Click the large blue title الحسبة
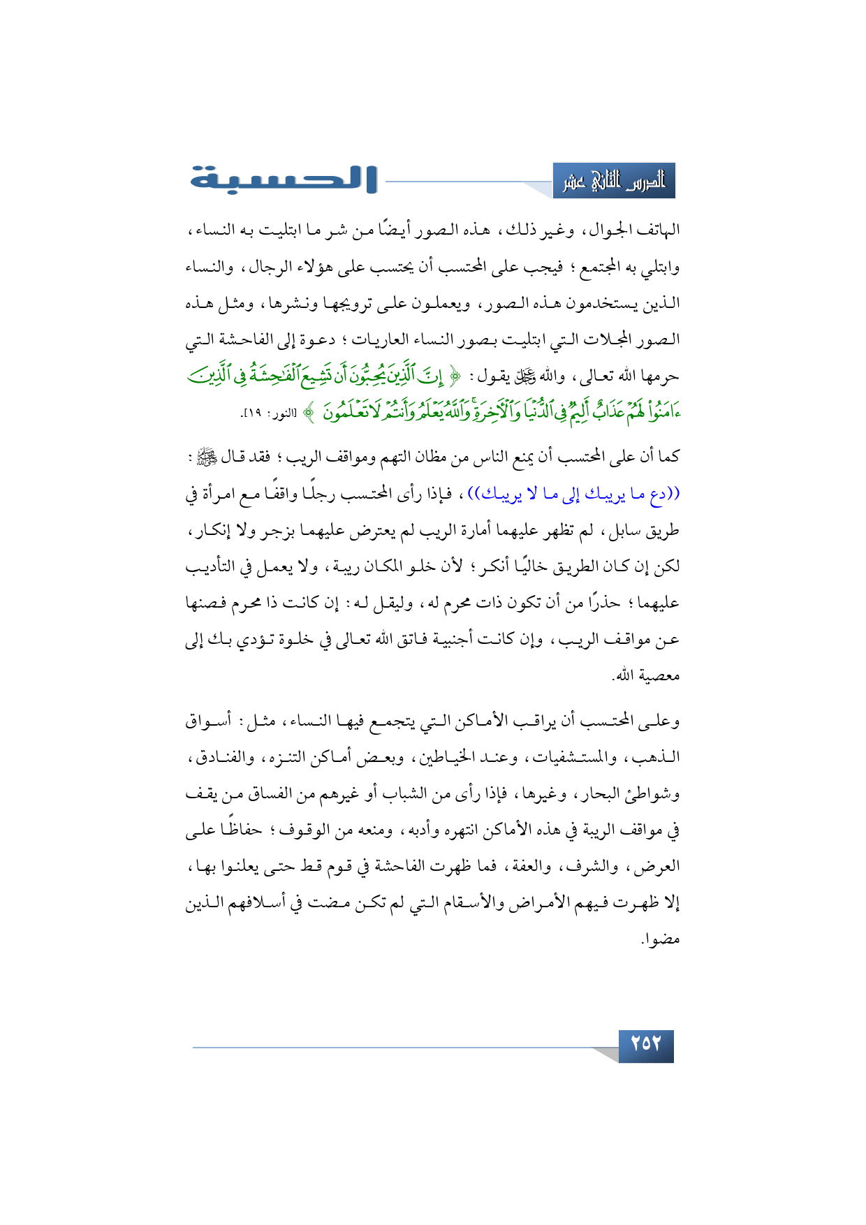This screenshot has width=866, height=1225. pyautogui.click(x=284, y=179)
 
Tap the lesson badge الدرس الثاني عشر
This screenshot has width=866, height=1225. pyautogui.click(x=614, y=182)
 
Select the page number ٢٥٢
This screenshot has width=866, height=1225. pyautogui.click(x=645, y=1044)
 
